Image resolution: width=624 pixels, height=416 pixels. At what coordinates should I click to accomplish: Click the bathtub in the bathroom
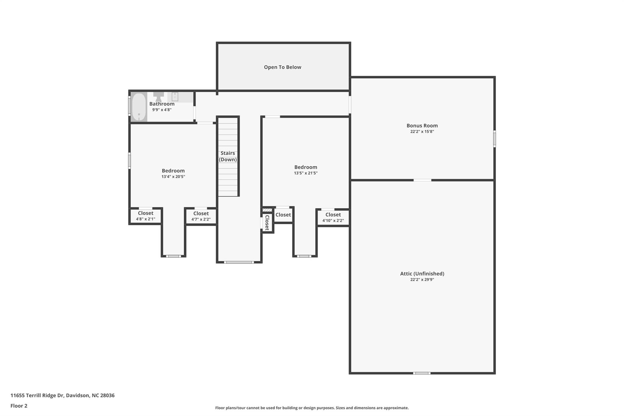139,107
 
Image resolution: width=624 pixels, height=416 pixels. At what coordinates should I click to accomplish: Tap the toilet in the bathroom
158,97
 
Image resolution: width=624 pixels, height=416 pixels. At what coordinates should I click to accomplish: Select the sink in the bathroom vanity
175,97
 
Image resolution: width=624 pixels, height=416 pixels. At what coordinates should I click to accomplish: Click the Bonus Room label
422,126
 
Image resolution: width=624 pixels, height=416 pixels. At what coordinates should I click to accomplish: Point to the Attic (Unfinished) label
422,274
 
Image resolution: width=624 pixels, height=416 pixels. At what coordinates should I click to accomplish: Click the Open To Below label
282,67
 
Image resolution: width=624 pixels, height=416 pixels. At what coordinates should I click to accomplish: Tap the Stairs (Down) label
228,156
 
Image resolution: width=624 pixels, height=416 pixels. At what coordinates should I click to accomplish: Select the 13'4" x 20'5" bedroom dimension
173,176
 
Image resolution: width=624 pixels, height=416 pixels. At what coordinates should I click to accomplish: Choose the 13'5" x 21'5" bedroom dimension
306,173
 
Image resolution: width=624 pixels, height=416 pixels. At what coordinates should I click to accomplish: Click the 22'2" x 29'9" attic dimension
422,279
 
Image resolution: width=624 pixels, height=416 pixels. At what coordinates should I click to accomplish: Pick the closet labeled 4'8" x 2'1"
146,216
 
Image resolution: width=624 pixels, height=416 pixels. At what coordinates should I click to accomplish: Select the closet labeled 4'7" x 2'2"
201,216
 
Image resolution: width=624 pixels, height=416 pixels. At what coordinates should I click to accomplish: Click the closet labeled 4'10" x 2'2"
333,218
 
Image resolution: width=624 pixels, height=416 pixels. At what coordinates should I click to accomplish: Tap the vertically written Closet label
267,222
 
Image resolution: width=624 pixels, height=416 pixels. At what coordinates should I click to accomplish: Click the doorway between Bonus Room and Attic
422,180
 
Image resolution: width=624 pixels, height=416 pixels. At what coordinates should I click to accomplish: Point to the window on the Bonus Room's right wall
494,139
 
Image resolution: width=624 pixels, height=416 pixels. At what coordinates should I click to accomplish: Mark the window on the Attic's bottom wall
422,373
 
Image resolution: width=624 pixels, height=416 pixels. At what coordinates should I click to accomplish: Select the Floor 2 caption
19,406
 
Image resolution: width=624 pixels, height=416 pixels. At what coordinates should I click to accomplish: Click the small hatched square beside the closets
267,210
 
